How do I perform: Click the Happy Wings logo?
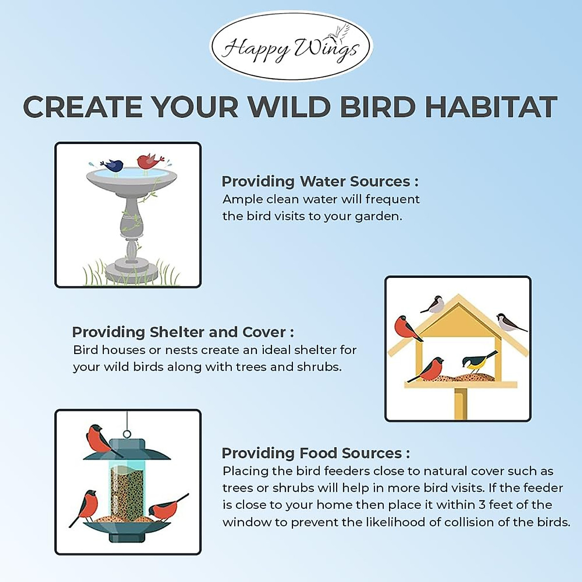click(291, 47)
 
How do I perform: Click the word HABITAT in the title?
click(491, 107)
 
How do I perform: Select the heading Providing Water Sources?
click(320, 181)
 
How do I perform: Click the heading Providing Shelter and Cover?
click(183, 332)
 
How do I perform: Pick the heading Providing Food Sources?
click(315, 453)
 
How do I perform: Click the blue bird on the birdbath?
click(113, 165)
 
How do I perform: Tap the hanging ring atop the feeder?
click(127, 434)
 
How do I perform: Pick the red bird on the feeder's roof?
click(100, 439)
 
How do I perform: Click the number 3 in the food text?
click(482, 505)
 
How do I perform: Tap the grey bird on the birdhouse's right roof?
click(507, 322)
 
